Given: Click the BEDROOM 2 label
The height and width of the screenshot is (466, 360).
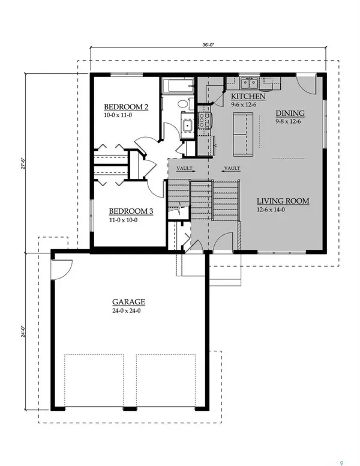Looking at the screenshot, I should point(126,106).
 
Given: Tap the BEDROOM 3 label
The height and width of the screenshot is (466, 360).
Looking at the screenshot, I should point(131,211).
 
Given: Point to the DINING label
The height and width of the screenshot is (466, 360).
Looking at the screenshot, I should point(290,112).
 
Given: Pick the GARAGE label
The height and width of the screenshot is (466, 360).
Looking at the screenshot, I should point(128,302).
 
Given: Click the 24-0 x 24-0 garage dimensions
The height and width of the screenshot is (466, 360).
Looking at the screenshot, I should point(128,310).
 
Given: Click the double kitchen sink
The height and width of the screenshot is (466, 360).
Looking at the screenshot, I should point(250,83).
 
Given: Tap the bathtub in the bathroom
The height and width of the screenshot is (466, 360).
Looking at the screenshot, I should point(178,86).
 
